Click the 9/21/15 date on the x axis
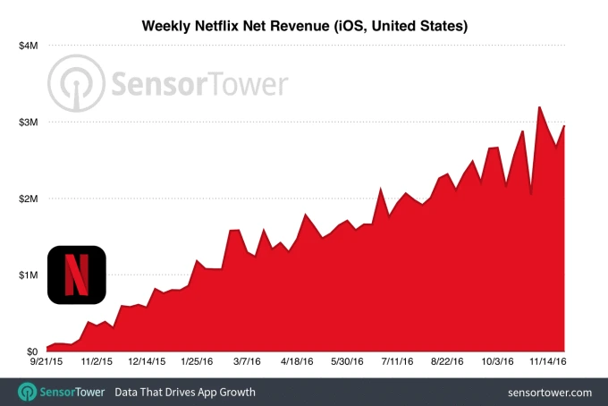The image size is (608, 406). tap(46, 363)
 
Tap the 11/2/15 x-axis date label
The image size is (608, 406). tap(97, 363)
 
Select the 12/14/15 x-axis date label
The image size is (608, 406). tap(147, 363)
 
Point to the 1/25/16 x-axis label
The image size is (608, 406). tap(197, 363)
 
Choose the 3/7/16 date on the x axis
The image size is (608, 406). tap(247, 363)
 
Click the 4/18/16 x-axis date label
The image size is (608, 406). tap(297, 363)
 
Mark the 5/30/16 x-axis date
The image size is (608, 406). tap(347, 363)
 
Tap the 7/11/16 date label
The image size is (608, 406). tap(397, 363)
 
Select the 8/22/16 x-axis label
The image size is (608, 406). tap(447, 363)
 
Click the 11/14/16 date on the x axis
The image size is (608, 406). tap(546, 363)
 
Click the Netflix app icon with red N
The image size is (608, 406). tap(77, 275)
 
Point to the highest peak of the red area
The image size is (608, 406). tap(539, 107)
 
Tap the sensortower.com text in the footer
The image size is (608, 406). tap(549, 392)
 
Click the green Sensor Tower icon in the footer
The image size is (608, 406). tap(28, 392)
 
